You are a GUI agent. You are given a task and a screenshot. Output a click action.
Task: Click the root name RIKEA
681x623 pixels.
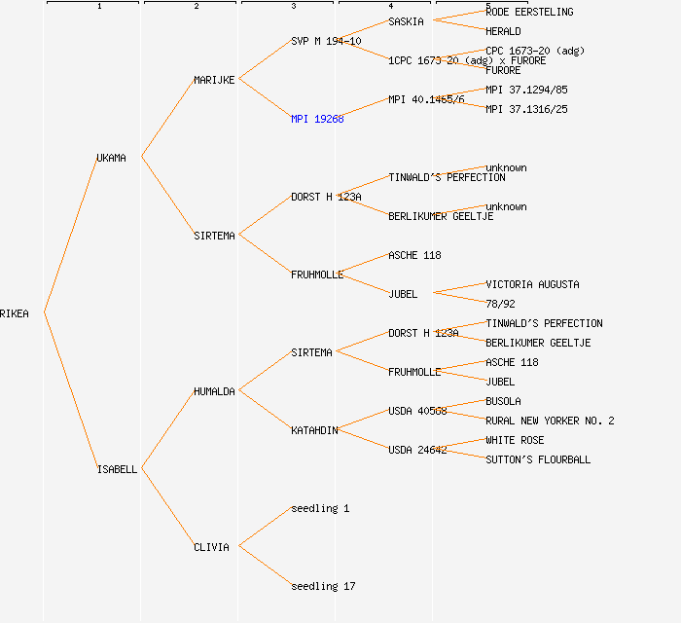[15, 313]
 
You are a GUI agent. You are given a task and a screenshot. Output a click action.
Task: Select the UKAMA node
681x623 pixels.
[111, 158]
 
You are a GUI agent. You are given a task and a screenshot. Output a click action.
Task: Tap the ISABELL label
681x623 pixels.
[117, 469]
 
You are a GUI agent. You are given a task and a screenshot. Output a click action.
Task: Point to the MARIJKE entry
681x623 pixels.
[214, 80]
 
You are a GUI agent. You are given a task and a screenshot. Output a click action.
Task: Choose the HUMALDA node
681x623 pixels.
[214, 391]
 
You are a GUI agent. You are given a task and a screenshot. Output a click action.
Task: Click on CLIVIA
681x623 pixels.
[211, 547]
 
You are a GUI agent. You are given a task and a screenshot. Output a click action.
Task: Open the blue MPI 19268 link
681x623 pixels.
[317, 119]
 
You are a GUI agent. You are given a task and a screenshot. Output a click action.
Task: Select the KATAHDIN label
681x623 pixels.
[314, 430]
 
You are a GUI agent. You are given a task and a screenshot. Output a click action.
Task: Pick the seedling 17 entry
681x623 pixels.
[323, 586]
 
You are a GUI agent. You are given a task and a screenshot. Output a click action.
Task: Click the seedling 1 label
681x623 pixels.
[320, 508]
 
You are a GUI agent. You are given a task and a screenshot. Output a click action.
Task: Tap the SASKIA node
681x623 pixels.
[406, 21]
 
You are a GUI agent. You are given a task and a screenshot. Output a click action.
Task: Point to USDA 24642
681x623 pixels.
[417, 450]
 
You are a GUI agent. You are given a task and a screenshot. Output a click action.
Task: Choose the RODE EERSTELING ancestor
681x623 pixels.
[529, 12]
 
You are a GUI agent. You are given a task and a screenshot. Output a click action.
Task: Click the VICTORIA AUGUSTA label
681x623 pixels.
[532, 284]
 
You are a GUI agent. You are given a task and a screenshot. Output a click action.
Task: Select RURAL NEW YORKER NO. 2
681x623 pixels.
[550, 421]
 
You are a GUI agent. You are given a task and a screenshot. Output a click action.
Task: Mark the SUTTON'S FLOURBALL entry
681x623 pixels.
[538, 459]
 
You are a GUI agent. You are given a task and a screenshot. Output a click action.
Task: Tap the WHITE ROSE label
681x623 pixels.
[515, 440]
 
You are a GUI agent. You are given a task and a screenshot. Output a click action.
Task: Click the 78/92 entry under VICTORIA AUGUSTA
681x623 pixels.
[500, 304]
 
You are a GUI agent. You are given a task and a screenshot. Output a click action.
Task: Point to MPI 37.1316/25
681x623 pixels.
[526, 109]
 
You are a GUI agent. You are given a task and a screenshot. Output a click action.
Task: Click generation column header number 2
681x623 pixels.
[196, 7]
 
